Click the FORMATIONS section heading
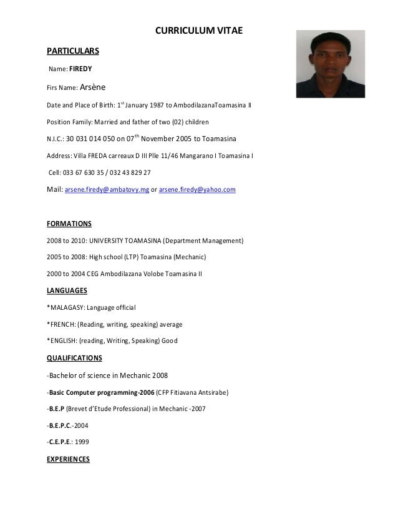click(69, 223)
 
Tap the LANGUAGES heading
click(67, 290)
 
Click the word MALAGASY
click(67, 308)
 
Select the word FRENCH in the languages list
click(62, 325)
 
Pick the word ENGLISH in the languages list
click(63, 341)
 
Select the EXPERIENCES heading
click(69, 459)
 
